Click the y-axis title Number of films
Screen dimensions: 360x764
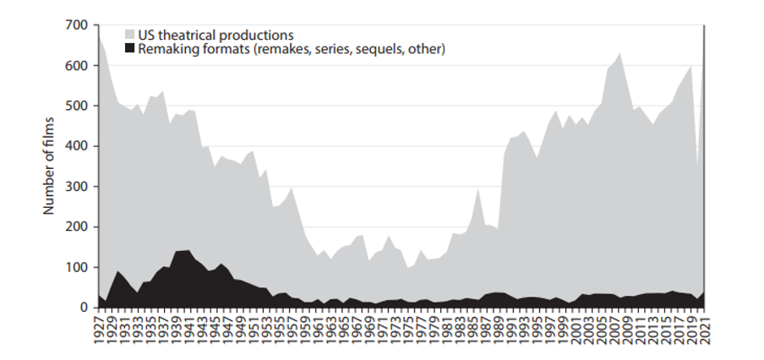pyautogui.click(x=49, y=166)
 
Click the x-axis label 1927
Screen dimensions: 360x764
pyautogui.click(x=99, y=328)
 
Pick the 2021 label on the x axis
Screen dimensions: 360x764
pyautogui.click(x=704, y=328)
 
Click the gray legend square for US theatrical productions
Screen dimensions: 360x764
pyautogui.click(x=130, y=35)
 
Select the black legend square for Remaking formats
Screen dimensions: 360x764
pyautogui.click(x=130, y=49)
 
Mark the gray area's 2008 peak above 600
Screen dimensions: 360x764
pyautogui.click(x=620, y=53)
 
